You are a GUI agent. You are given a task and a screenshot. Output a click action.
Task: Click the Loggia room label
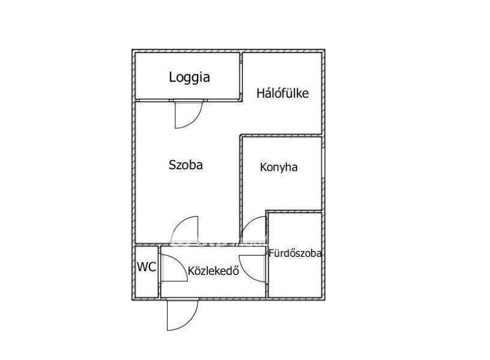click(189, 77)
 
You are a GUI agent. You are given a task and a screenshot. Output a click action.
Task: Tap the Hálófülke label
click(282, 94)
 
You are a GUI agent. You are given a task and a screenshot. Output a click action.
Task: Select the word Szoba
click(186, 165)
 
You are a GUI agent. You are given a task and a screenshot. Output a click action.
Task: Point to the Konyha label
click(279, 167)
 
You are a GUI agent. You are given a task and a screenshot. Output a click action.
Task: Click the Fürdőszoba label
click(295, 253)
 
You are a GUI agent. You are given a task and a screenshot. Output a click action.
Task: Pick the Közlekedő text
click(213, 271)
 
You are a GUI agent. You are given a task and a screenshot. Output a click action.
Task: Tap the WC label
click(147, 267)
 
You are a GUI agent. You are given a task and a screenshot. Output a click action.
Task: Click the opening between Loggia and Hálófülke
click(241, 78)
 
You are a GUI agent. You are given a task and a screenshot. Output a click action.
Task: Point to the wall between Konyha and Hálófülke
click(281, 136)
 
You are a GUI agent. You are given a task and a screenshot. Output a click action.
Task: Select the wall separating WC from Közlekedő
click(159, 272)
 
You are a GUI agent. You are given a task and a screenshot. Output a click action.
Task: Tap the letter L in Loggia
click(172, 77)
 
